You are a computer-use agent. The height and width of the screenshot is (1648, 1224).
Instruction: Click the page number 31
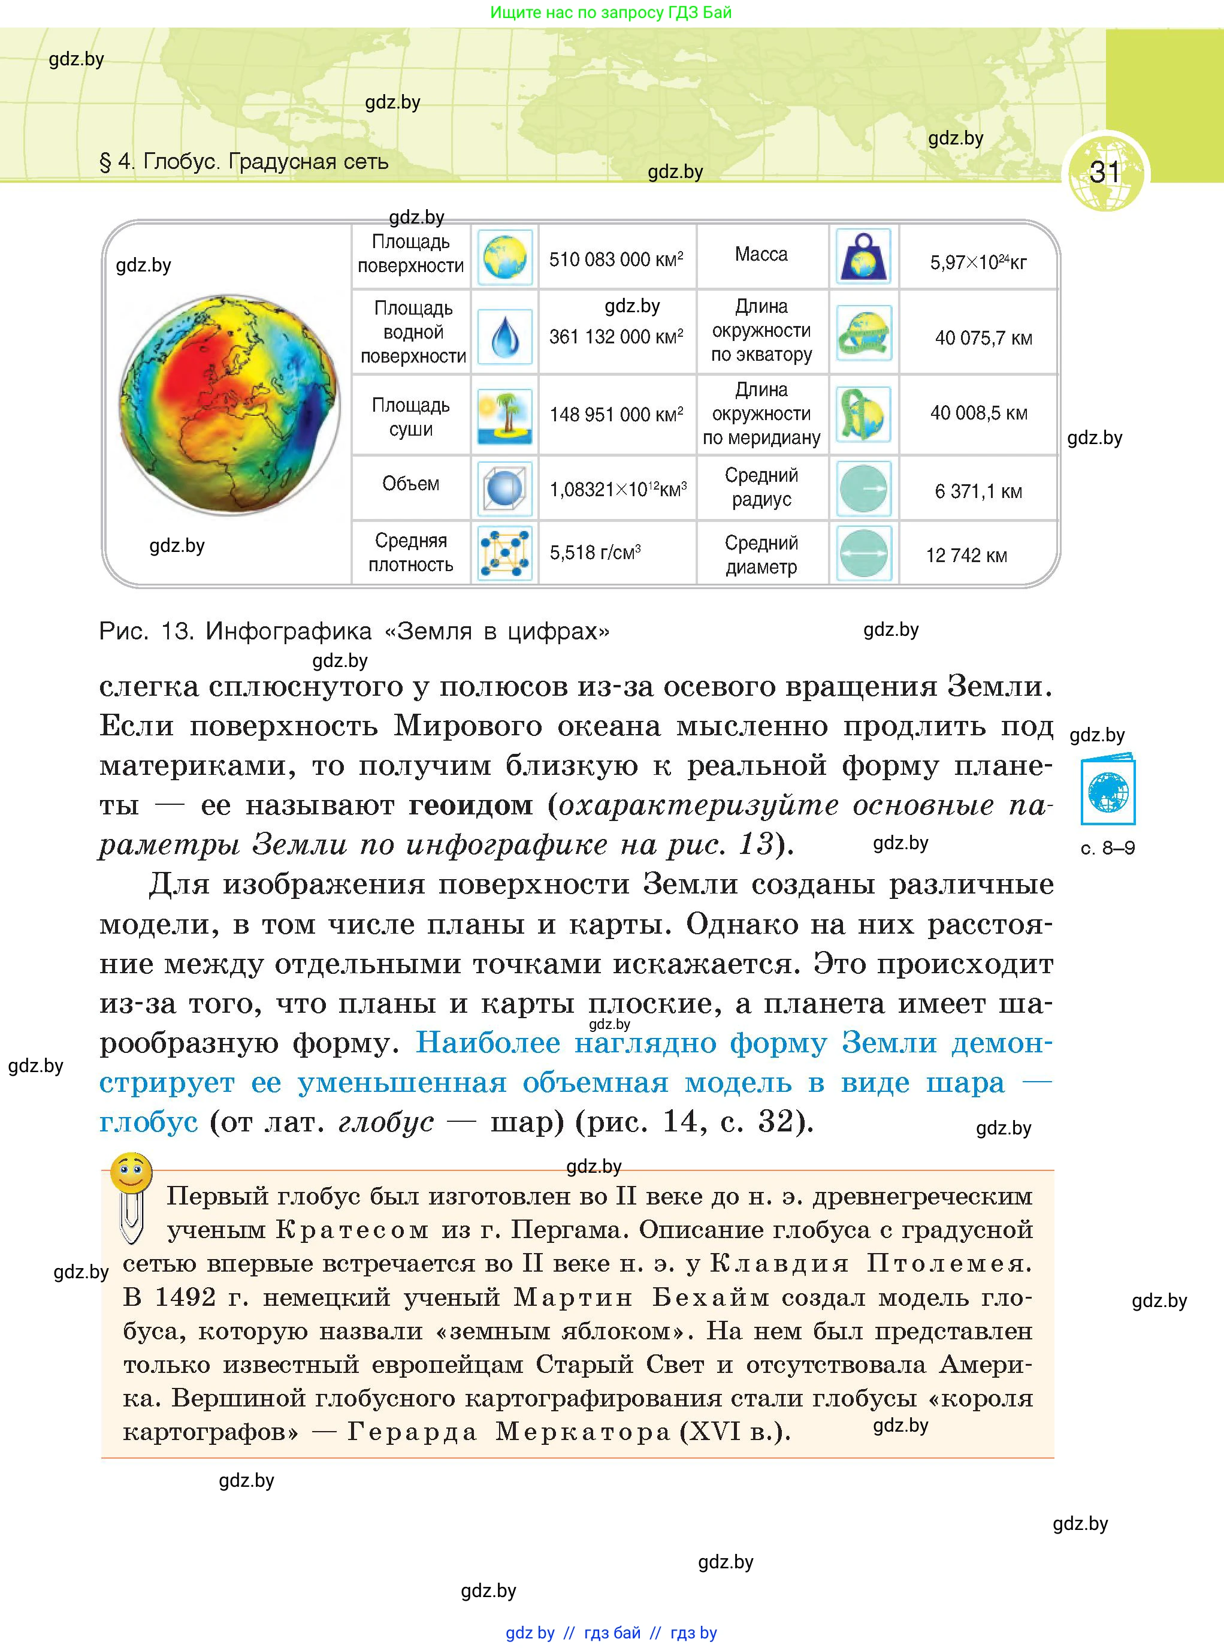click(x=1104, y=172)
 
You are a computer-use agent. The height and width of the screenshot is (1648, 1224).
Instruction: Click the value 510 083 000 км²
click(x=616, y=259)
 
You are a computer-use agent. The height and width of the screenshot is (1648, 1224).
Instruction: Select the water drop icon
click(x=504, y=336)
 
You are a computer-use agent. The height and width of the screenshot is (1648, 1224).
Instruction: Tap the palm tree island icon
click(x=504, y=416)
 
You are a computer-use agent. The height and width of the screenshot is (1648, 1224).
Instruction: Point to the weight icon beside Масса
click(x=863, y=256)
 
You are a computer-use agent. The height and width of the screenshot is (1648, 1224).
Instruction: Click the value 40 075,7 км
click(x=983, y=339)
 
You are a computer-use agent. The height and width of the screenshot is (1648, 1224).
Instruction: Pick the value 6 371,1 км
click(x=978, y=491)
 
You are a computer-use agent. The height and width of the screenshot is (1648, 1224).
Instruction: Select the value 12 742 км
click(x=966, y=555)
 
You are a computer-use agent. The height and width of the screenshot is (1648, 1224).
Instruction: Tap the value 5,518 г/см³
click(x=595, y=552)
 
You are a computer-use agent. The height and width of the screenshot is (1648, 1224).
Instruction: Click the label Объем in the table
click(x=410, y=484)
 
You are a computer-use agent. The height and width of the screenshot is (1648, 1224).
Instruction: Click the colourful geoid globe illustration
click(x=229, y=405)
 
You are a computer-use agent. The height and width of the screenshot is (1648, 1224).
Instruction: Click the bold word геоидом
click(x=470, y=805)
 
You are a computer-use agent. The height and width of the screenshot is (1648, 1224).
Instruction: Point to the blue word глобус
click(x=148, y=1122)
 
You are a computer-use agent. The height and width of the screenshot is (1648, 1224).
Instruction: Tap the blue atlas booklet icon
click(x=1108, y=790)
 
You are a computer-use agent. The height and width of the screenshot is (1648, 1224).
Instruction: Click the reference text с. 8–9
click(x=1108, y=848)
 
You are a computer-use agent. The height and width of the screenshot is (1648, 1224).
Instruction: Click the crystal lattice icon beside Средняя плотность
click(x=504, y=553)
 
